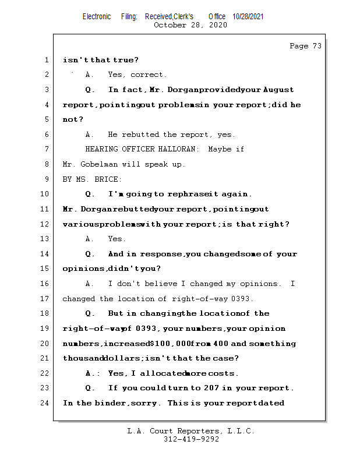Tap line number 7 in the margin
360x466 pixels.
click(46, 149)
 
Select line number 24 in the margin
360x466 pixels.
click(46, 403)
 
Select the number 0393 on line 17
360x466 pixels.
click(240, 299)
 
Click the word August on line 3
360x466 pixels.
click(278, 90)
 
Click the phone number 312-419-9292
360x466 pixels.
click(192, 440)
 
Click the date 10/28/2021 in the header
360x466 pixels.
click(248, 16)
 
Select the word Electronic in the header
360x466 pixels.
click(97, 16)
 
